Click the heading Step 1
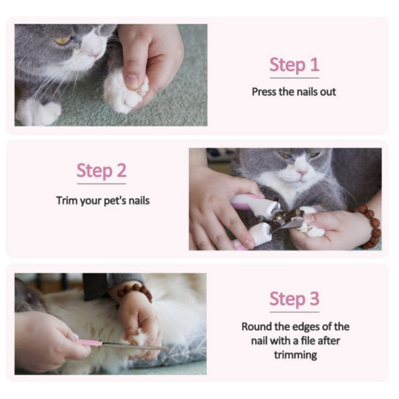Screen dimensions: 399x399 point(294,65)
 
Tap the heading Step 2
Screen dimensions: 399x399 point(101,171)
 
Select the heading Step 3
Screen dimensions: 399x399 point(294,299)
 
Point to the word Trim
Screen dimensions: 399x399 point(67,201)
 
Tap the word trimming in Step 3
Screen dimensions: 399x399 point(296,355)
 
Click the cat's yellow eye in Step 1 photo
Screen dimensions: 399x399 point(62,40)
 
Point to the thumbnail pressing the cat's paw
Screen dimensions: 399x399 point(131,82)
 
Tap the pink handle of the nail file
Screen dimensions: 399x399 point(89,342)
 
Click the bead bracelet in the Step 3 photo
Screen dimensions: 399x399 point(135,293)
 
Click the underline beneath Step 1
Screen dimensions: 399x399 point(294,78)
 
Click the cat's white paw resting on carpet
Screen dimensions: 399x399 point(38,113)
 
